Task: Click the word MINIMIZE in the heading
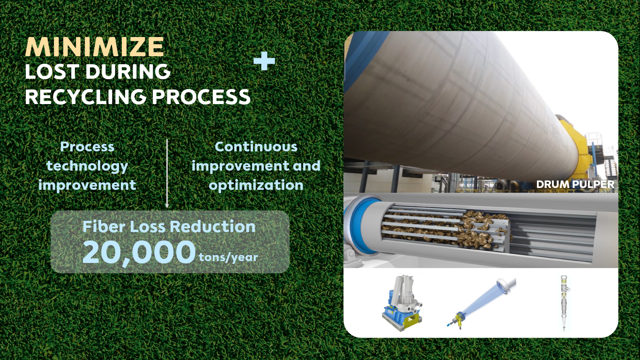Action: click(95, 47)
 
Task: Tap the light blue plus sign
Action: click(264, 61)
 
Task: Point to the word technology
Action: click(87, 166)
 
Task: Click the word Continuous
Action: click(256, 147)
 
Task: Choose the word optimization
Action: click(256, 185)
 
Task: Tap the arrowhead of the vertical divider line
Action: click(167, 205)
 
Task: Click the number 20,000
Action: click(139, 253)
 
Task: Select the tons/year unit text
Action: click(228, 257)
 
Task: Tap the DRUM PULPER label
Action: click(575, 185)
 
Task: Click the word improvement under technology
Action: click(87, 185)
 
